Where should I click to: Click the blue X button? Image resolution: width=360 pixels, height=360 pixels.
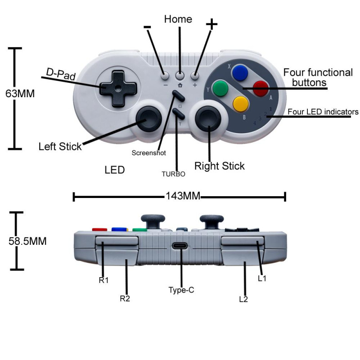point(239,72)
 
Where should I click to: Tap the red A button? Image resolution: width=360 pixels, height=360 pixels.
point(261,89)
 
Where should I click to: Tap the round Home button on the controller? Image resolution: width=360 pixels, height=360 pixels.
point(180,76)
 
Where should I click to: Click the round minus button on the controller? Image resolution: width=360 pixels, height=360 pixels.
point(165,76)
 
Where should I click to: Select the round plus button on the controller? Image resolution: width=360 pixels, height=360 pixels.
point(195,76)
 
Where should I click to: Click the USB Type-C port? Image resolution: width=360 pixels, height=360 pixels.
point(180,247)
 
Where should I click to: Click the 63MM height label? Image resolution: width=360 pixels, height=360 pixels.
point(20,94)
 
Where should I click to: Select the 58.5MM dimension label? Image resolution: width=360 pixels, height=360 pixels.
point(27,241)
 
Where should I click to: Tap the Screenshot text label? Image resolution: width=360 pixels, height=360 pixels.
point(148,153)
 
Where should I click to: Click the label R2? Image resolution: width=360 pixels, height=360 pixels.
point(125,298)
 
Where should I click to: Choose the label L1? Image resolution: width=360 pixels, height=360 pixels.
point(262,279)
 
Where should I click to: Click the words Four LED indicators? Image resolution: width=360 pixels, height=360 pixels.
point(323,112)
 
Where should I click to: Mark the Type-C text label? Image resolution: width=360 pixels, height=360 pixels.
point(181,290)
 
